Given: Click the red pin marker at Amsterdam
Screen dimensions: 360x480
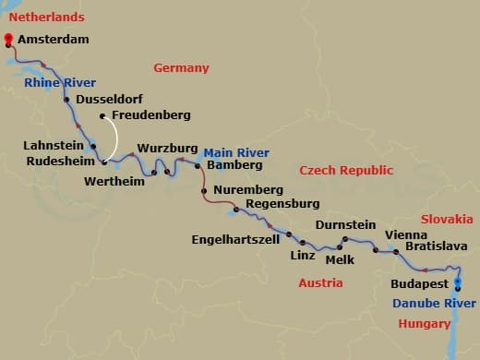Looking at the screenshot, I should [9, 40].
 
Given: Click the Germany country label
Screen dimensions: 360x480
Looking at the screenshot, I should [181, 67].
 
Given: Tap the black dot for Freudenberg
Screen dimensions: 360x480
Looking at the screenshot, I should [102, 115].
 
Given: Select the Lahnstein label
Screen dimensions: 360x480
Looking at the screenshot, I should [54, 144].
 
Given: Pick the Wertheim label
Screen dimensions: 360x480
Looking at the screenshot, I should [114, 181].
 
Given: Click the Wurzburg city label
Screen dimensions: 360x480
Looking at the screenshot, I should [168, 148].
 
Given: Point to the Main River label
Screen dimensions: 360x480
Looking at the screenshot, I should [236, 152].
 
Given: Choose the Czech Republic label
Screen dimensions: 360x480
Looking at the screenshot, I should [346, 170].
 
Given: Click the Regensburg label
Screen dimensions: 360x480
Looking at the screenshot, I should [282, 203].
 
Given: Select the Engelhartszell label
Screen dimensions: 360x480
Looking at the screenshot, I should [234, 236].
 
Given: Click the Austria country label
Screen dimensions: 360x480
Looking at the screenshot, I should [320, 282].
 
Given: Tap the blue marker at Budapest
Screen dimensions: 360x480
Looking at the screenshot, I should [459, 284].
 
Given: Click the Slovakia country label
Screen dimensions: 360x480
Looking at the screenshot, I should [447, 219].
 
